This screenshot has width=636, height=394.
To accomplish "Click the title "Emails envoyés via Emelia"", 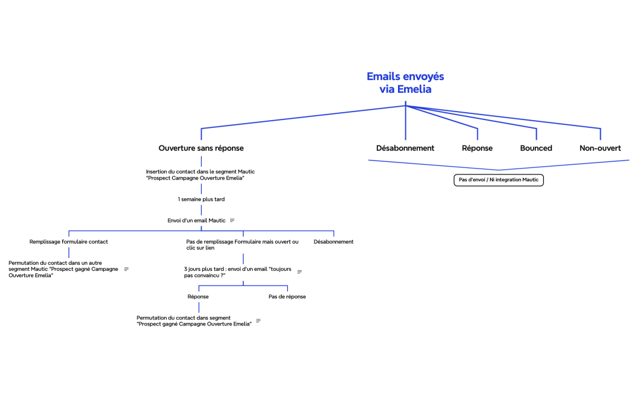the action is (x=405, y=83).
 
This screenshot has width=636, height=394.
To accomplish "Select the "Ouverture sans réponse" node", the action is (x=201, y=148).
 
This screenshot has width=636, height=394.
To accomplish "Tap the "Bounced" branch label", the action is (x=536, y=148).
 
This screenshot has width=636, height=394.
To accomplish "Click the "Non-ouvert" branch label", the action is (x=600, y=148).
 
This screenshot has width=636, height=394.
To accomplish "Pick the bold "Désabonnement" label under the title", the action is (x=405, y=148).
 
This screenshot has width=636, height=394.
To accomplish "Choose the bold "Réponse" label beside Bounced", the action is (x=477, y=148).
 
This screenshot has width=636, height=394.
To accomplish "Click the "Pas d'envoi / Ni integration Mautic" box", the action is (x=499, y=180).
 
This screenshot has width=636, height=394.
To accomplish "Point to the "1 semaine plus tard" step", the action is (x=201, y=199).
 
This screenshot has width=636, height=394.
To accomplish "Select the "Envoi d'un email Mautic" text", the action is (x=196, y=220).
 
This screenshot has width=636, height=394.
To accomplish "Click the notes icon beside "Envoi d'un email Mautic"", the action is (x=232, y=220).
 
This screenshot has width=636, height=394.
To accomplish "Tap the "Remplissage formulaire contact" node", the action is (x=68, y=241).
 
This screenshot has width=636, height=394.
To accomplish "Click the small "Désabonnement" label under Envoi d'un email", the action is (x=333, y=241).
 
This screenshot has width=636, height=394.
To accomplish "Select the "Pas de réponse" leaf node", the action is (x=287, y=296).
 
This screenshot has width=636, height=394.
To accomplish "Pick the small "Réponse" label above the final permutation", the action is (x=198, y=296).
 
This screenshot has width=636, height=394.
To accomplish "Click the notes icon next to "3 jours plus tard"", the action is (x=299, y=272).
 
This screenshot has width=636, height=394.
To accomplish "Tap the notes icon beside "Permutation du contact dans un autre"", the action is (x=126, y=269).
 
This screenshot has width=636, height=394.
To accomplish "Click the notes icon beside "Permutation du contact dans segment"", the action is (x=258, y=321).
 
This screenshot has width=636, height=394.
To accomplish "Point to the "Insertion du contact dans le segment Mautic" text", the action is (x=200, y=175).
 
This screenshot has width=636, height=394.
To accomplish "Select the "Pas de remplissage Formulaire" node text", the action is (x=242, y=245).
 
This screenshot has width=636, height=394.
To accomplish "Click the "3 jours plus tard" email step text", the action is (x=237, y=272).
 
